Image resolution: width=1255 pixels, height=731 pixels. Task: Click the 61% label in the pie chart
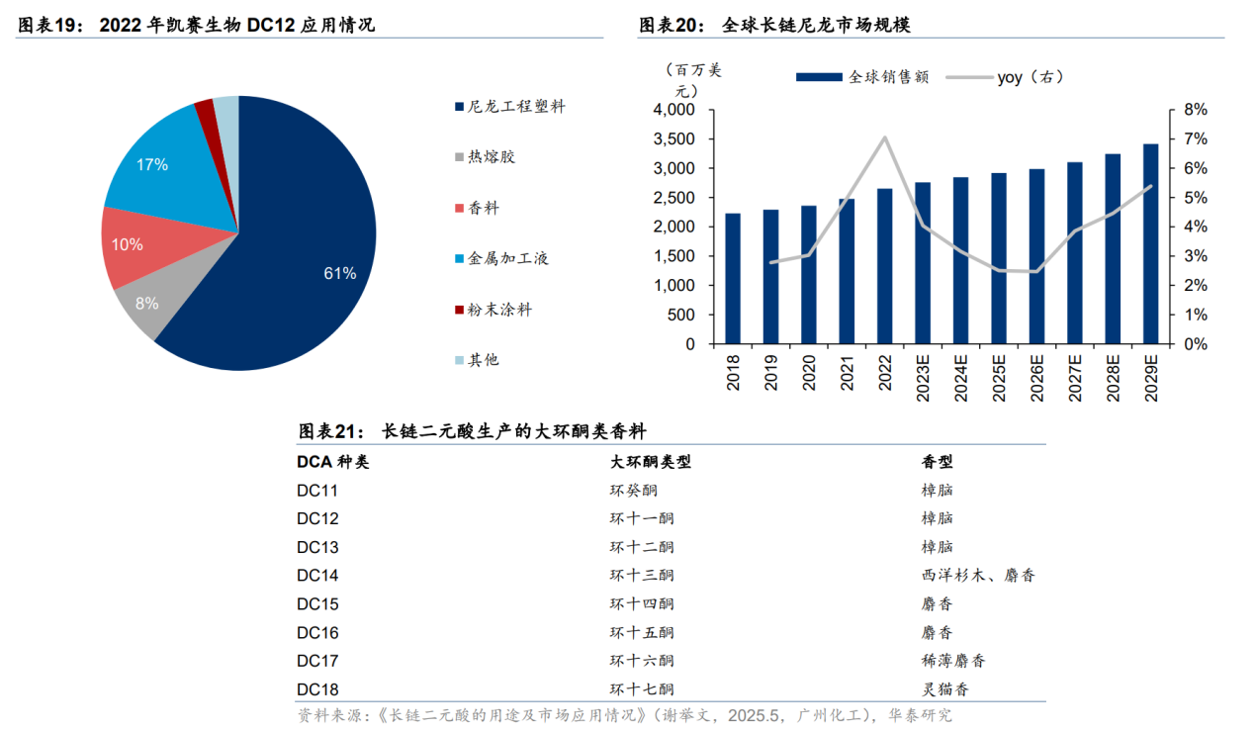[x=339, y=273]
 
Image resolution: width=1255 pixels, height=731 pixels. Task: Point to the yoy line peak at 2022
[x=884, y=137]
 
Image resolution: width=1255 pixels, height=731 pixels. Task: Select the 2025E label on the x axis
[x=999, y=376]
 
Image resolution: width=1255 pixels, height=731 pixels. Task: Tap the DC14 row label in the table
[x=317, y=575]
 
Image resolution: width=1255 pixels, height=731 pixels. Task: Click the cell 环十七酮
[x=642, y=689]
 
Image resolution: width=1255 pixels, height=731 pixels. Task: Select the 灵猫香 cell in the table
[x=944, y=689]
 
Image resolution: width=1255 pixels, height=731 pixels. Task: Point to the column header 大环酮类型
[x=650, y=461]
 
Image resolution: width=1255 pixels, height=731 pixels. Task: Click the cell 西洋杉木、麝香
[x=977, y=575]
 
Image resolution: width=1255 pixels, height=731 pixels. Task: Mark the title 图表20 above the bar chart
[x=671, y=25]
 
